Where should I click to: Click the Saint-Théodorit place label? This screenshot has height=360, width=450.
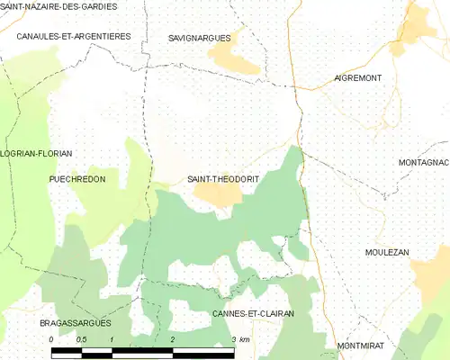[222, 179]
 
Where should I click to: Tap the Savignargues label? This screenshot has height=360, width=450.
[200, 39]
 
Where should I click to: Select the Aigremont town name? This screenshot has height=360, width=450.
[358, 78]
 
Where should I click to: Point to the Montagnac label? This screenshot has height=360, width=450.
[423, 162]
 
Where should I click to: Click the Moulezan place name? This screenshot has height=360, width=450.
[389, 253]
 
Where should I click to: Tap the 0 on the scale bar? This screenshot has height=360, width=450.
[51, 339]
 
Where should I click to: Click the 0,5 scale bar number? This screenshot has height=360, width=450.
[81, 339]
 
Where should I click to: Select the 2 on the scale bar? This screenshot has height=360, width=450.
[172, 339]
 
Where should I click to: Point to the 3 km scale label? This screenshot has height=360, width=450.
[239, 339]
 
